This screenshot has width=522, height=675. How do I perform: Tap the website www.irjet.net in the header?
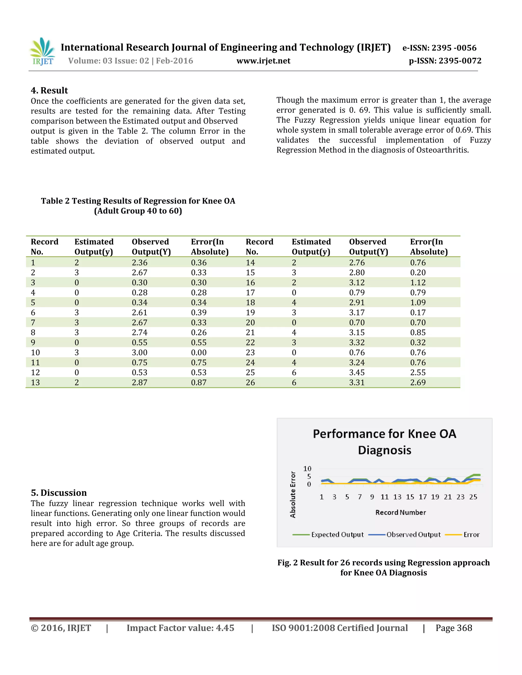point(263,61)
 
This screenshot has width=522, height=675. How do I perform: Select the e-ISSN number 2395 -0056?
point(439,48)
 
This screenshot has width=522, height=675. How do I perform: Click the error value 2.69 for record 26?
point(418,383)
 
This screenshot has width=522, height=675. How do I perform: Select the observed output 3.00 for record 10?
point(139,353)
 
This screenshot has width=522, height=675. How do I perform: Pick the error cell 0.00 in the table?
point(199,353)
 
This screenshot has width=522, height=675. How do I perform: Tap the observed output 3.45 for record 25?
point(357,373)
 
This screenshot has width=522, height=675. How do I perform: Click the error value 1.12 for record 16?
point(418,283)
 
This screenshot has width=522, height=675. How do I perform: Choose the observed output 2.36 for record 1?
point(139,263)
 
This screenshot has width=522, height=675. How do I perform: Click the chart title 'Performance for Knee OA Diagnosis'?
point(384,442)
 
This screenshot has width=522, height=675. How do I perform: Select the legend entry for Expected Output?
point(337,535)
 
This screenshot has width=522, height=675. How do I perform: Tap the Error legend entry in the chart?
point(471,535)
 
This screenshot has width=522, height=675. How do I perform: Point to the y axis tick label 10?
point(307,468)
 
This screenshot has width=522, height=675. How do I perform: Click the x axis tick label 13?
point(397,497)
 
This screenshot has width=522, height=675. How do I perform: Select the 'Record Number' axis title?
point(400,512)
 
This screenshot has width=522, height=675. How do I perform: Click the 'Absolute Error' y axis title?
point(293,494)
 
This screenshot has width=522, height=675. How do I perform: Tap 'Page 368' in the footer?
point(454,628)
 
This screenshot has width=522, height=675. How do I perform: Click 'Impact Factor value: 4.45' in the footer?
point(180,628)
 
